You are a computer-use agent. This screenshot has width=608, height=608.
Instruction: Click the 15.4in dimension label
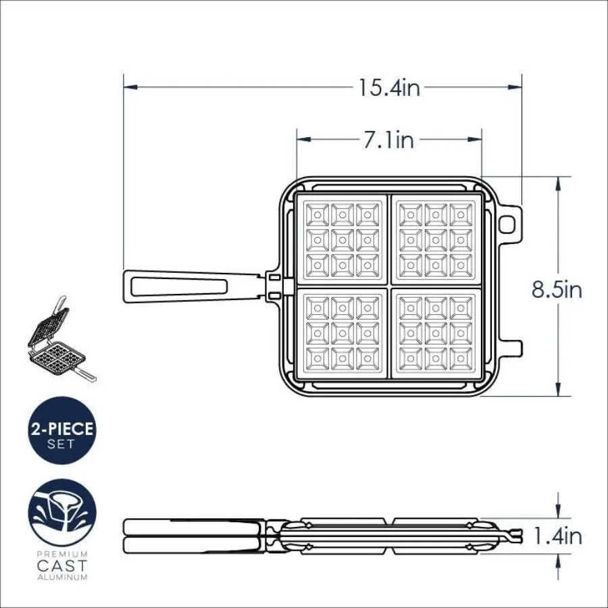[389, 87]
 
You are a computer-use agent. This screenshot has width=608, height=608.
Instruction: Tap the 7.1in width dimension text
[388, 140]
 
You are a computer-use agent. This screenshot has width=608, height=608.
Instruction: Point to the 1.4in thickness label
[557, 536]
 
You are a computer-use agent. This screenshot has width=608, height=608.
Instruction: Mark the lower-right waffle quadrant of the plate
[436, 332]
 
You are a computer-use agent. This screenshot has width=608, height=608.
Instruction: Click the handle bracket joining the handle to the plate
[274, 285]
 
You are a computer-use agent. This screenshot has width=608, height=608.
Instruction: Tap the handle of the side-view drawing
[193, 535]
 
